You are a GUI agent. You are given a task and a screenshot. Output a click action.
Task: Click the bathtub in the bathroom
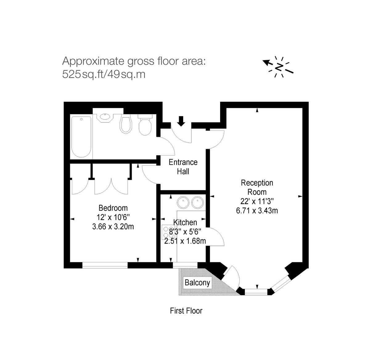[81, 136]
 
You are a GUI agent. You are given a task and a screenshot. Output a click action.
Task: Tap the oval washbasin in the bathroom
[105, 117]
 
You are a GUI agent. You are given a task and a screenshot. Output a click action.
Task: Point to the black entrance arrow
[181, 121]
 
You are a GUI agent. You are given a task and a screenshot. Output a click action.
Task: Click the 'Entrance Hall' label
[183, 167]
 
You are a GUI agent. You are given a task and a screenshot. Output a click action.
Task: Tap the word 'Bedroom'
[113, 208]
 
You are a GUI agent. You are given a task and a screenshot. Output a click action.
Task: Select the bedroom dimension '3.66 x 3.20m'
[113, 227]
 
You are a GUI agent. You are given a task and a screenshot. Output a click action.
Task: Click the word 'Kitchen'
[185, 222]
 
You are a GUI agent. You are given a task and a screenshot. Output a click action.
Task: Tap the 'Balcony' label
[197, 283]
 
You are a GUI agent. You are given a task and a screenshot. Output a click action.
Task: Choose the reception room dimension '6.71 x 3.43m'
[257, 211]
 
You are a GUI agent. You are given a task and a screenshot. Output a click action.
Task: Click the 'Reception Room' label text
[257, 187]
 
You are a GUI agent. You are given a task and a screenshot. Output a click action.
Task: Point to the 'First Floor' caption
[186, 311]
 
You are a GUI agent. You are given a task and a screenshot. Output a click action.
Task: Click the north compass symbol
[279, 67]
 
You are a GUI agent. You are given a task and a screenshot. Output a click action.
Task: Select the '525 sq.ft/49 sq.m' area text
[104, 74]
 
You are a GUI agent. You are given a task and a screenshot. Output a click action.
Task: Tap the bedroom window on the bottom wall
[105, 265]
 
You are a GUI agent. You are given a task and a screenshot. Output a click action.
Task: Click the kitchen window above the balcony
[185, 265]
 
